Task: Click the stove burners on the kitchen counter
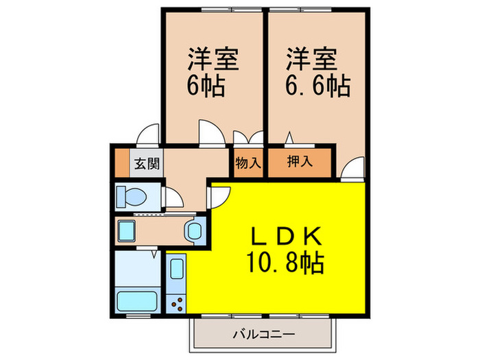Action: [176, 301]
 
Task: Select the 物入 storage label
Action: [248, 163]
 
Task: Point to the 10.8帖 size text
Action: [283, 262]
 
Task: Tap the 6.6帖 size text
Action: [317, 86]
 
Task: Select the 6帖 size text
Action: [206, 86]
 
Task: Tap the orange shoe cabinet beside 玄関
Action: [121, 164]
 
